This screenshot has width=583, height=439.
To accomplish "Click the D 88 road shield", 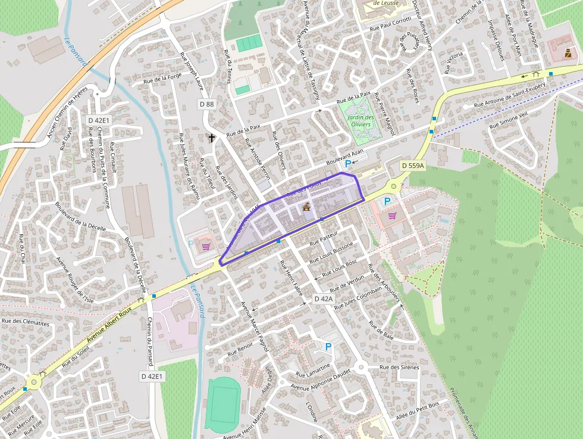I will tap(206, 104).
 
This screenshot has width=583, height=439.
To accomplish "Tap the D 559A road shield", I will tap(412, 166).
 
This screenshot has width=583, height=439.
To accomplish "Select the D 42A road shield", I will tap(324, 298).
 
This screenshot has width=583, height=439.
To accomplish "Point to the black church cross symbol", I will tap(212, 138).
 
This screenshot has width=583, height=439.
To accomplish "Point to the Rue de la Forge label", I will tap(162, 78).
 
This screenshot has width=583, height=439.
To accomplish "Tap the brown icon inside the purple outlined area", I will tap(307, 207).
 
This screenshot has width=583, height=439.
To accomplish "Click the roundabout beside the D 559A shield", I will tap(393, 186).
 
